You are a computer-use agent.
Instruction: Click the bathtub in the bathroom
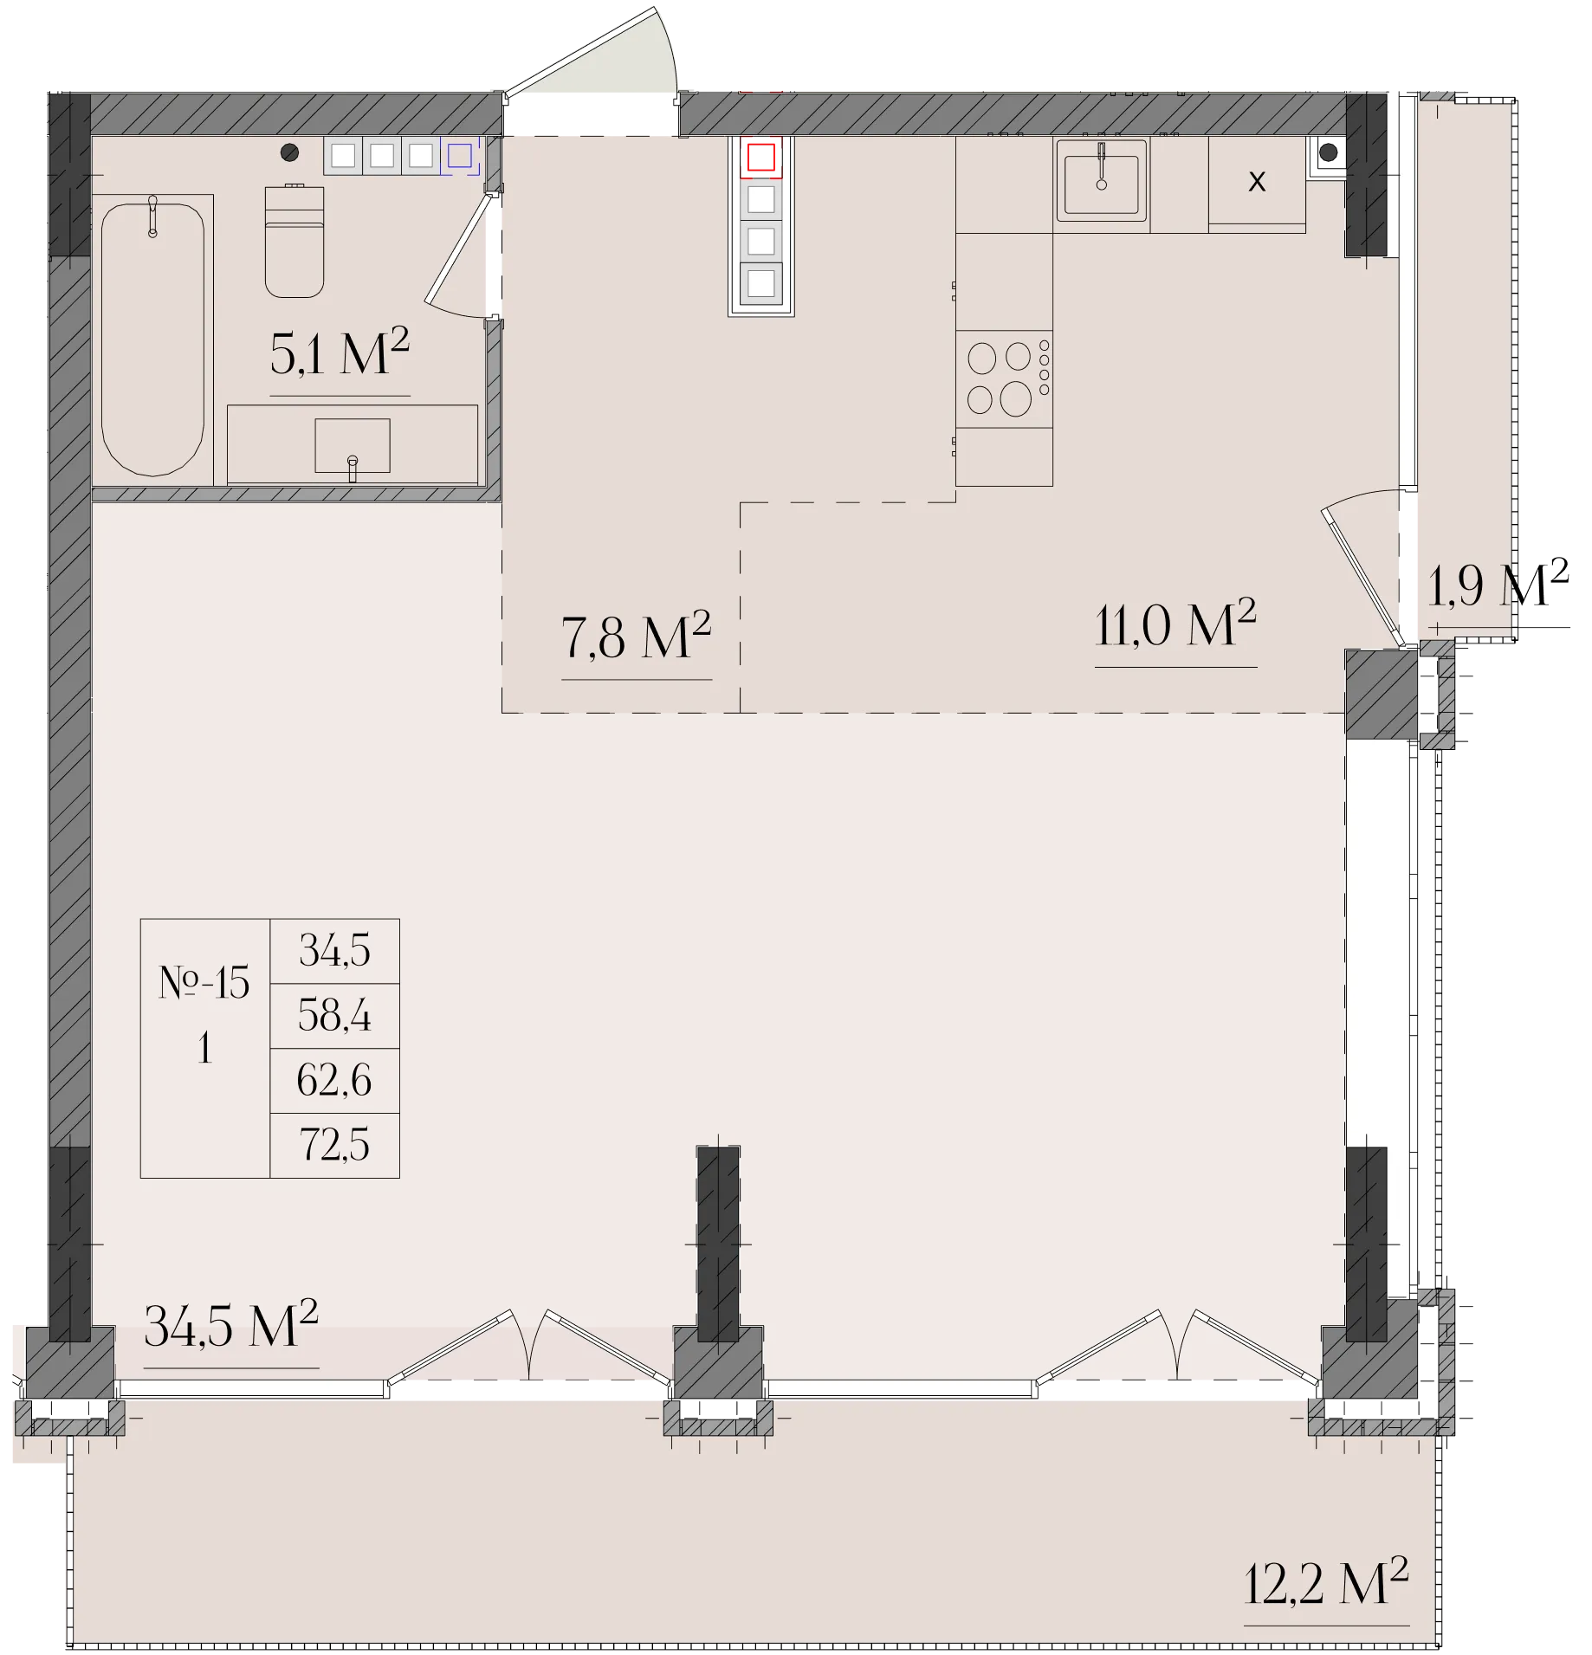(x=152, y=338)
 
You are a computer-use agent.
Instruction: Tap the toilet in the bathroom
(x=294, y=241)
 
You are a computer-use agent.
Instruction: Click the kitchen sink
(x=1101, y=181)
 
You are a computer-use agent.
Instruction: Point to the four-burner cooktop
(x=1005, y=379)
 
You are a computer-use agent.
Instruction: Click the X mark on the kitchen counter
(x=1257, y=181)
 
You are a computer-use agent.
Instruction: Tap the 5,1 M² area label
(x=340, y=352)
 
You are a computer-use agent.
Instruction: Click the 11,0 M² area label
(x=1175, y=624)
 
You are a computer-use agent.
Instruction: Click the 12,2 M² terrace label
(x=1326, y=1582)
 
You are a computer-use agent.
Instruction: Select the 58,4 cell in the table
(x=334, y=1015)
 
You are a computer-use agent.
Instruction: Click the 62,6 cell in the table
(x=334, y=1080)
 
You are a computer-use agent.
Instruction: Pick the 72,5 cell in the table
(x=334, y=1145)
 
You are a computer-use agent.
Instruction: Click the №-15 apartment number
(x=204, y=983)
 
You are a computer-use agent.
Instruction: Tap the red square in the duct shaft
(x=760, y=158)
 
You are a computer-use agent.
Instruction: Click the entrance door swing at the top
(x=592, y=52)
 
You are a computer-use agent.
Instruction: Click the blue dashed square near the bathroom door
(x=459, y=156)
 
